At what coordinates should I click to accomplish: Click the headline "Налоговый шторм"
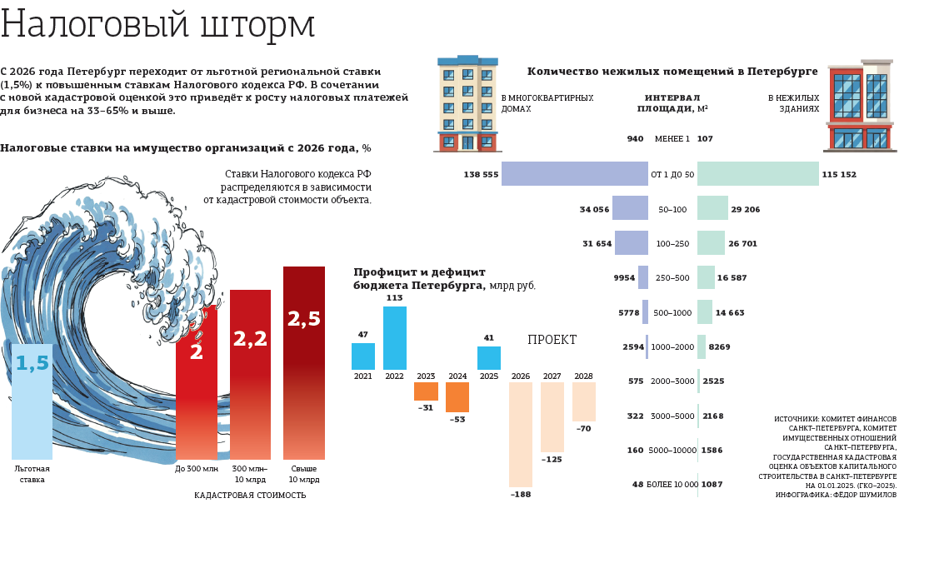pos(157,25)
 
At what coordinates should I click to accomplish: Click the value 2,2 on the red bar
pos(250,339)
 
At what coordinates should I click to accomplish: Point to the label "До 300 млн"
pos(197,469)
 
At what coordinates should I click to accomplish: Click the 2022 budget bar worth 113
pos(395,338)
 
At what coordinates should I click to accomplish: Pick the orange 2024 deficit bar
pos(457,397)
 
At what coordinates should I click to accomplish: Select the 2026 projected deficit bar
pos(521,435)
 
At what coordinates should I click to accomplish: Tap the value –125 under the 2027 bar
pos(552,460)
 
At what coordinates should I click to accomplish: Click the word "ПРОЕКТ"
pos(552,341)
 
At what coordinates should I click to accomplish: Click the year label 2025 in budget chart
pos(489,376)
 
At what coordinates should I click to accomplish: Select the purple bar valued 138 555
pos(575,174)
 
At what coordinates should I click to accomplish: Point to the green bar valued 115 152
pos(757,174)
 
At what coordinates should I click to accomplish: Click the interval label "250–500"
pos(672,278)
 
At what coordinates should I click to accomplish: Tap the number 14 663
pos(730,313)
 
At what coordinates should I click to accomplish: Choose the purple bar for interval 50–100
pos(630,208)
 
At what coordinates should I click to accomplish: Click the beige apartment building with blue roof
pos(467,104)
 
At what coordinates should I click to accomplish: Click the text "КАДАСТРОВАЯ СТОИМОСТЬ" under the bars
pos(250,496)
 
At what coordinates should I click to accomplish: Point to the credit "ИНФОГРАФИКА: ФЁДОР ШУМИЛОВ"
pos(836,495)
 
